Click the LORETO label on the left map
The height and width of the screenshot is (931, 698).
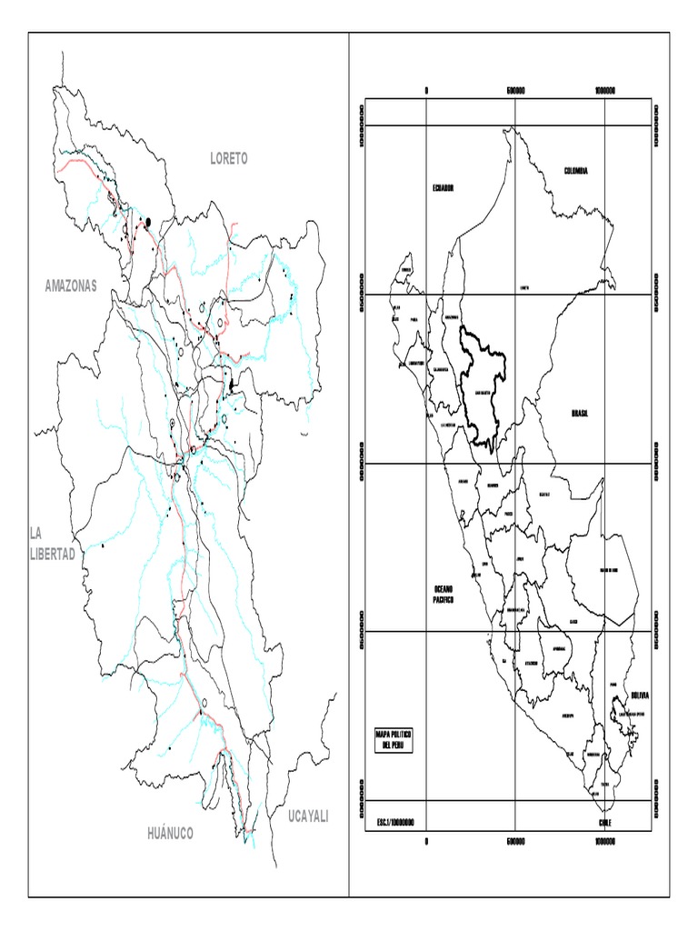point(228,158)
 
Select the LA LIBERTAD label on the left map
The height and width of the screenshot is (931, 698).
point(52,544)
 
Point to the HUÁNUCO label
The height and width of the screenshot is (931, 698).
point(170,833)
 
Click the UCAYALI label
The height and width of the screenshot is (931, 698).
point(307,816)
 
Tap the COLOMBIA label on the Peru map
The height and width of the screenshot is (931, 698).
point(576,171)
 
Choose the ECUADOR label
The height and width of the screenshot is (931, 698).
point(443,187)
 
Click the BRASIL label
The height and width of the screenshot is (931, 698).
point(580,413)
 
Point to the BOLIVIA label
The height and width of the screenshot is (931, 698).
point(640,696)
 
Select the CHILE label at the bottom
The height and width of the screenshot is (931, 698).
point(605,823)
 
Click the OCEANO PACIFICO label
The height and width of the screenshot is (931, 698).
point(444,595)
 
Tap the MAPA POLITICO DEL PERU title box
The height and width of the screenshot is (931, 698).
point(394,739)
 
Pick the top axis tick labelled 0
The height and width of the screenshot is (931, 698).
point(426,90)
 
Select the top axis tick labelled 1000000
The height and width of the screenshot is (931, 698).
point(605,90)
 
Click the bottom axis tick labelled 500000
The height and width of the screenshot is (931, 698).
point(515,841)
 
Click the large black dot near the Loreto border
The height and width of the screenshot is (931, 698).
point(147,221)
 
